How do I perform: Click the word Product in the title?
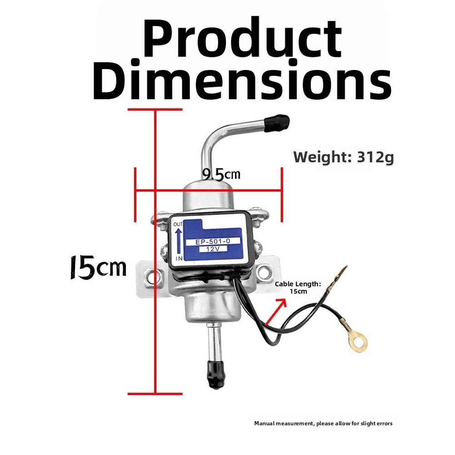click(243, 38)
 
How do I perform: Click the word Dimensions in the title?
click(243, 80)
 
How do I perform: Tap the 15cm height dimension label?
click(98, 267)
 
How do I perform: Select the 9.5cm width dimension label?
click(221, 175)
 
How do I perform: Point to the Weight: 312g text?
click(344, 158)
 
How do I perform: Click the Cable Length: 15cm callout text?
click(298, 288)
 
